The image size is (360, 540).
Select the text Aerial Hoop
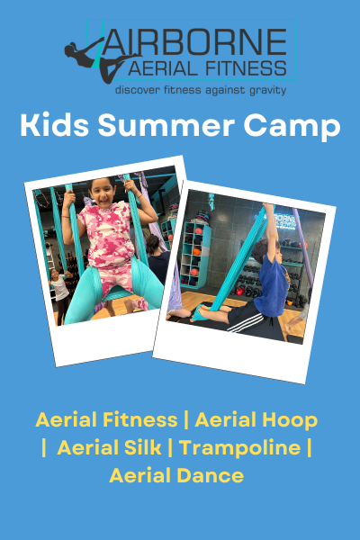coord(256,419)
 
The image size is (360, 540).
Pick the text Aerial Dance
coord(176,475)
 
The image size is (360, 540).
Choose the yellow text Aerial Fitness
coord(105,419)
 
